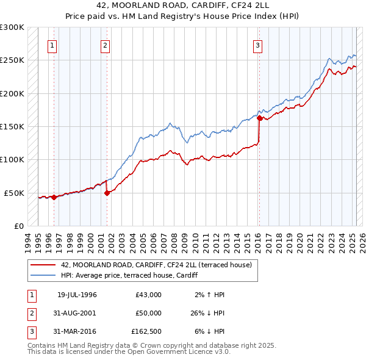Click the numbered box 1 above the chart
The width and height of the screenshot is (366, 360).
click(x=52, y=45)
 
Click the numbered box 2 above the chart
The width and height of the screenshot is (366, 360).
click(x=106, y=45)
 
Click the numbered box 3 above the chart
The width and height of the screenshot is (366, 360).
click(x=258, y=45)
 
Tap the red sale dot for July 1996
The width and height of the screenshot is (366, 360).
click(x=54, y=197)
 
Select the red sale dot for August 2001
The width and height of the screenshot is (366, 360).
click(x=107, y=193)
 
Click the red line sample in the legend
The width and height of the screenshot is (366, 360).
click(x=43, y=265)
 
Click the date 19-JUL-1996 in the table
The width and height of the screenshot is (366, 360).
click(x=77, y=295)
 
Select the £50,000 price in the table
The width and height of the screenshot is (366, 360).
click(x=148, y=313)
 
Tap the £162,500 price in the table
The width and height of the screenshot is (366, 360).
click(x=146, y=331)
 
